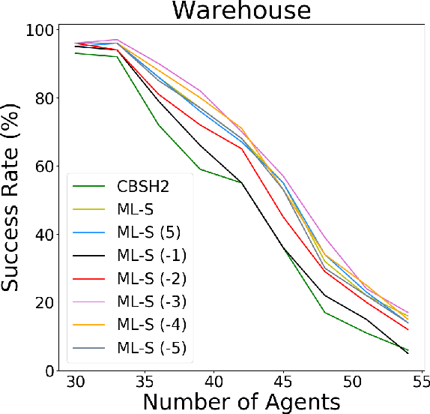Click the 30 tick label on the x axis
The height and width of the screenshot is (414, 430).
coord(75,382)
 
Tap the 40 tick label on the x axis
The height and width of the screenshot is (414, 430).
coord(214,382)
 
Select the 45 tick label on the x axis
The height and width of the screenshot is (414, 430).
coord(282,382)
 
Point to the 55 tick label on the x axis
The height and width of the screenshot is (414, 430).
coord(420,382)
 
